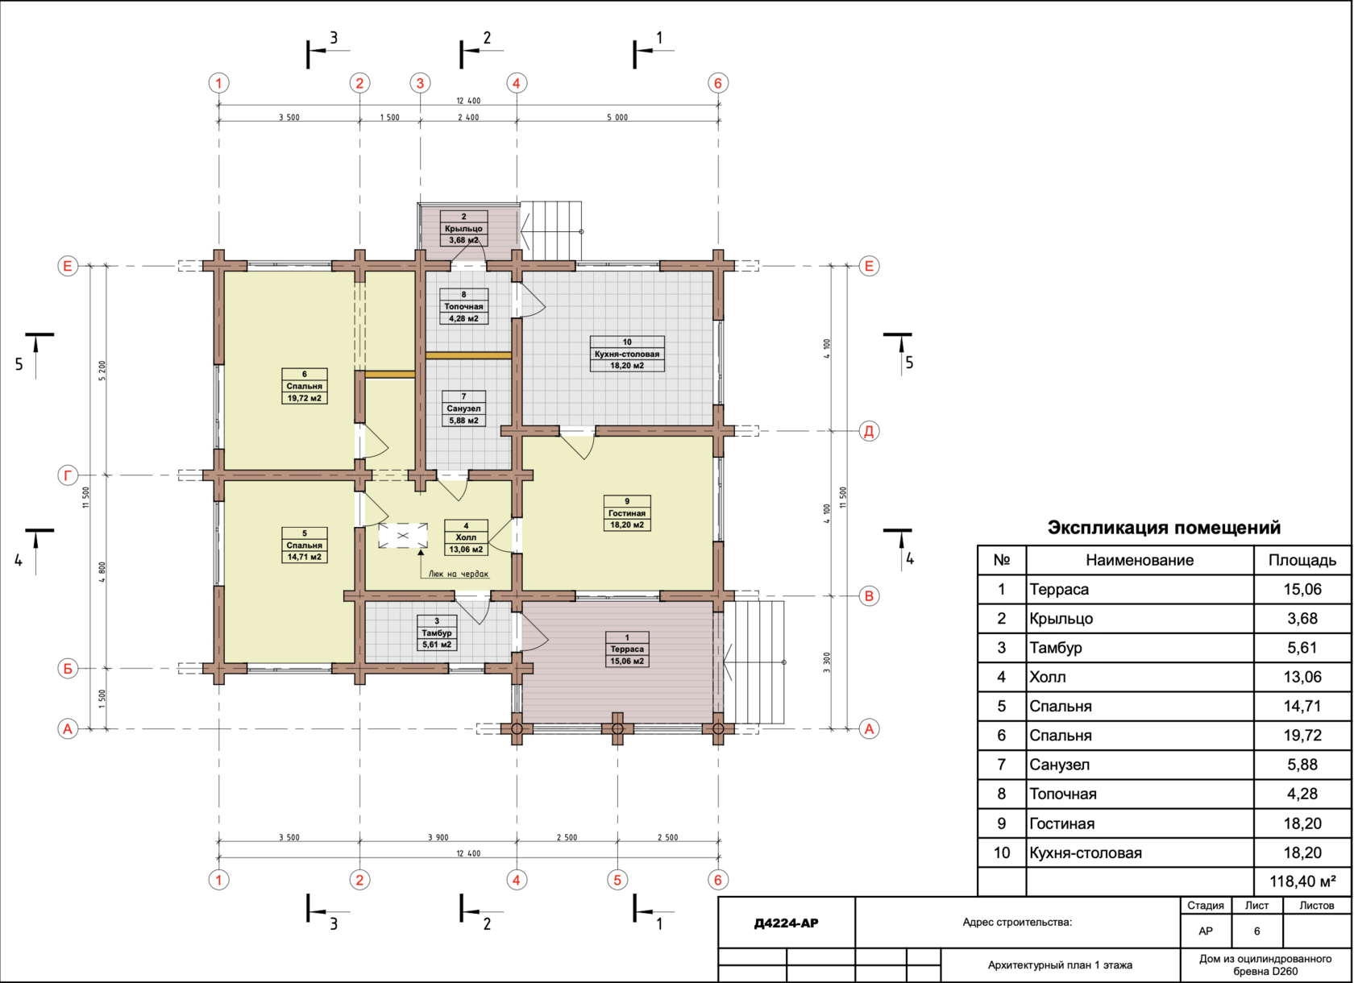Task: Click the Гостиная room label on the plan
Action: tap(627, 513)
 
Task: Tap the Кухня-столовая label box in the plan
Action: tap(627, 354)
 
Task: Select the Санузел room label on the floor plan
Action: tap(463, 409)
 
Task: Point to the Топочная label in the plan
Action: tap(463, 306)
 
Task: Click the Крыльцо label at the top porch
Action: tap(463, 228)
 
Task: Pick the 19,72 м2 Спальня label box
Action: tap(305, 386)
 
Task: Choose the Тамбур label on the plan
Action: tap(437, 633)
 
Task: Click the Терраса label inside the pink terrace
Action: tap(627, 649)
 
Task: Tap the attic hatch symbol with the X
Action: tap(403, 536)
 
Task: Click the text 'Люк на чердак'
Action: tap(458, 574)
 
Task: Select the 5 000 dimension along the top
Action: tap(617, 117)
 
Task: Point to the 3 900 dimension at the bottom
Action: tap(438, 837)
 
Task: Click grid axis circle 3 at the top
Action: tap(420, 83)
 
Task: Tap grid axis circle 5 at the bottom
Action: tap(617, 880)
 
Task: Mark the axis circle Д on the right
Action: tap(869, 431)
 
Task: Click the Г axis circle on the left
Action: tap(68, 475)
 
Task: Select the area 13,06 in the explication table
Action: tap(1302, 677)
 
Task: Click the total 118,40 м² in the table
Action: tap(1302, 881)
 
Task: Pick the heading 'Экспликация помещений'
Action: tap(1164, 528)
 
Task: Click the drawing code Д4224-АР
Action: tap(786, 923)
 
